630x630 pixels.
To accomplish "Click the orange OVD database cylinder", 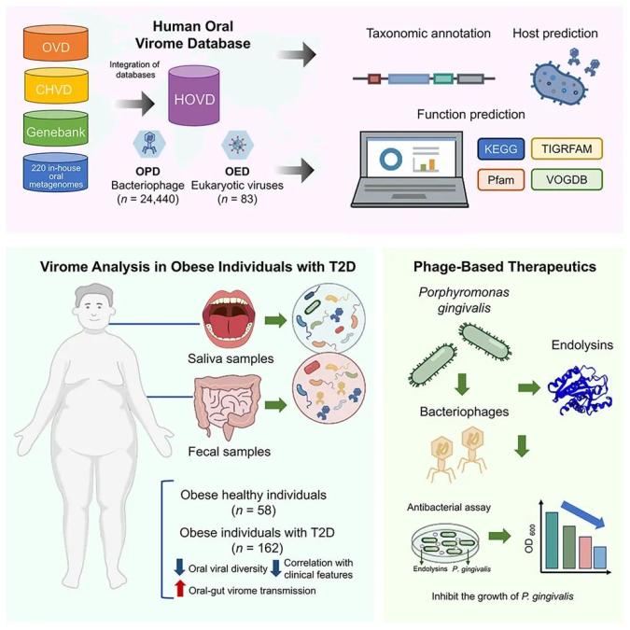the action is click(56, 43).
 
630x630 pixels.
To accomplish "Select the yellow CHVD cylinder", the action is click(56, 86).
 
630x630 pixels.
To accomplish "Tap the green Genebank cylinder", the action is click(56, 128).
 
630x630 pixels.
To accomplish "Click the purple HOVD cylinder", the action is click(194, 95).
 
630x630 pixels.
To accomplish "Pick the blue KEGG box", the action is click(500, 149).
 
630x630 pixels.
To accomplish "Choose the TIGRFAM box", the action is click(567, 148).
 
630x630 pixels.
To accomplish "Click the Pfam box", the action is click(500, 179).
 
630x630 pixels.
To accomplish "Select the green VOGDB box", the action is click(567, 179).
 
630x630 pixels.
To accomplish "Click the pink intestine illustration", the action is click(228, 406).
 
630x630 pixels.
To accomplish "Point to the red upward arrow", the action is click(180, 588).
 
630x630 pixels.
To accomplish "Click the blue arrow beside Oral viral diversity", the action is click(179, 567).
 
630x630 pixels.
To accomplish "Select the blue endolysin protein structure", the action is click(581, 390).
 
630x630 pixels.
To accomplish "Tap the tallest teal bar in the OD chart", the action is click(552, 540).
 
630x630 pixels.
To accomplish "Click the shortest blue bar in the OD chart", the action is click(600, 557).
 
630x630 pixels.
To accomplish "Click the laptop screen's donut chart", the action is click(390, 159).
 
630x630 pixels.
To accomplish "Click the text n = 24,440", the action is click(147, 199).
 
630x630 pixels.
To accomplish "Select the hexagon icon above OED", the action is click(237, 144).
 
